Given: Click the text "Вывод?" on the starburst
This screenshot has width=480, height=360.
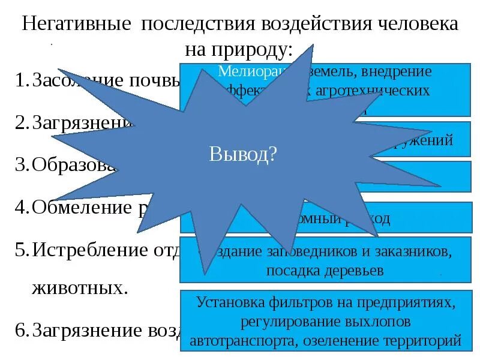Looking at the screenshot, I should (x=243, y=155).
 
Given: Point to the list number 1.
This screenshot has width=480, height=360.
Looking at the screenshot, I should (x=20, y=80).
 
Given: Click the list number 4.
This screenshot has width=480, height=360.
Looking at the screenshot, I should (x=20, y=207).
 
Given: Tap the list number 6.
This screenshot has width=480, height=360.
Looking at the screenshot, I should (x=20, y=329).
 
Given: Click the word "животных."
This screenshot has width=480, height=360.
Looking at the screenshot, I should (x=79, y=287).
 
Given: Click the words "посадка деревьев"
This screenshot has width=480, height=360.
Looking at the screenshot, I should (x=325, y=271).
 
